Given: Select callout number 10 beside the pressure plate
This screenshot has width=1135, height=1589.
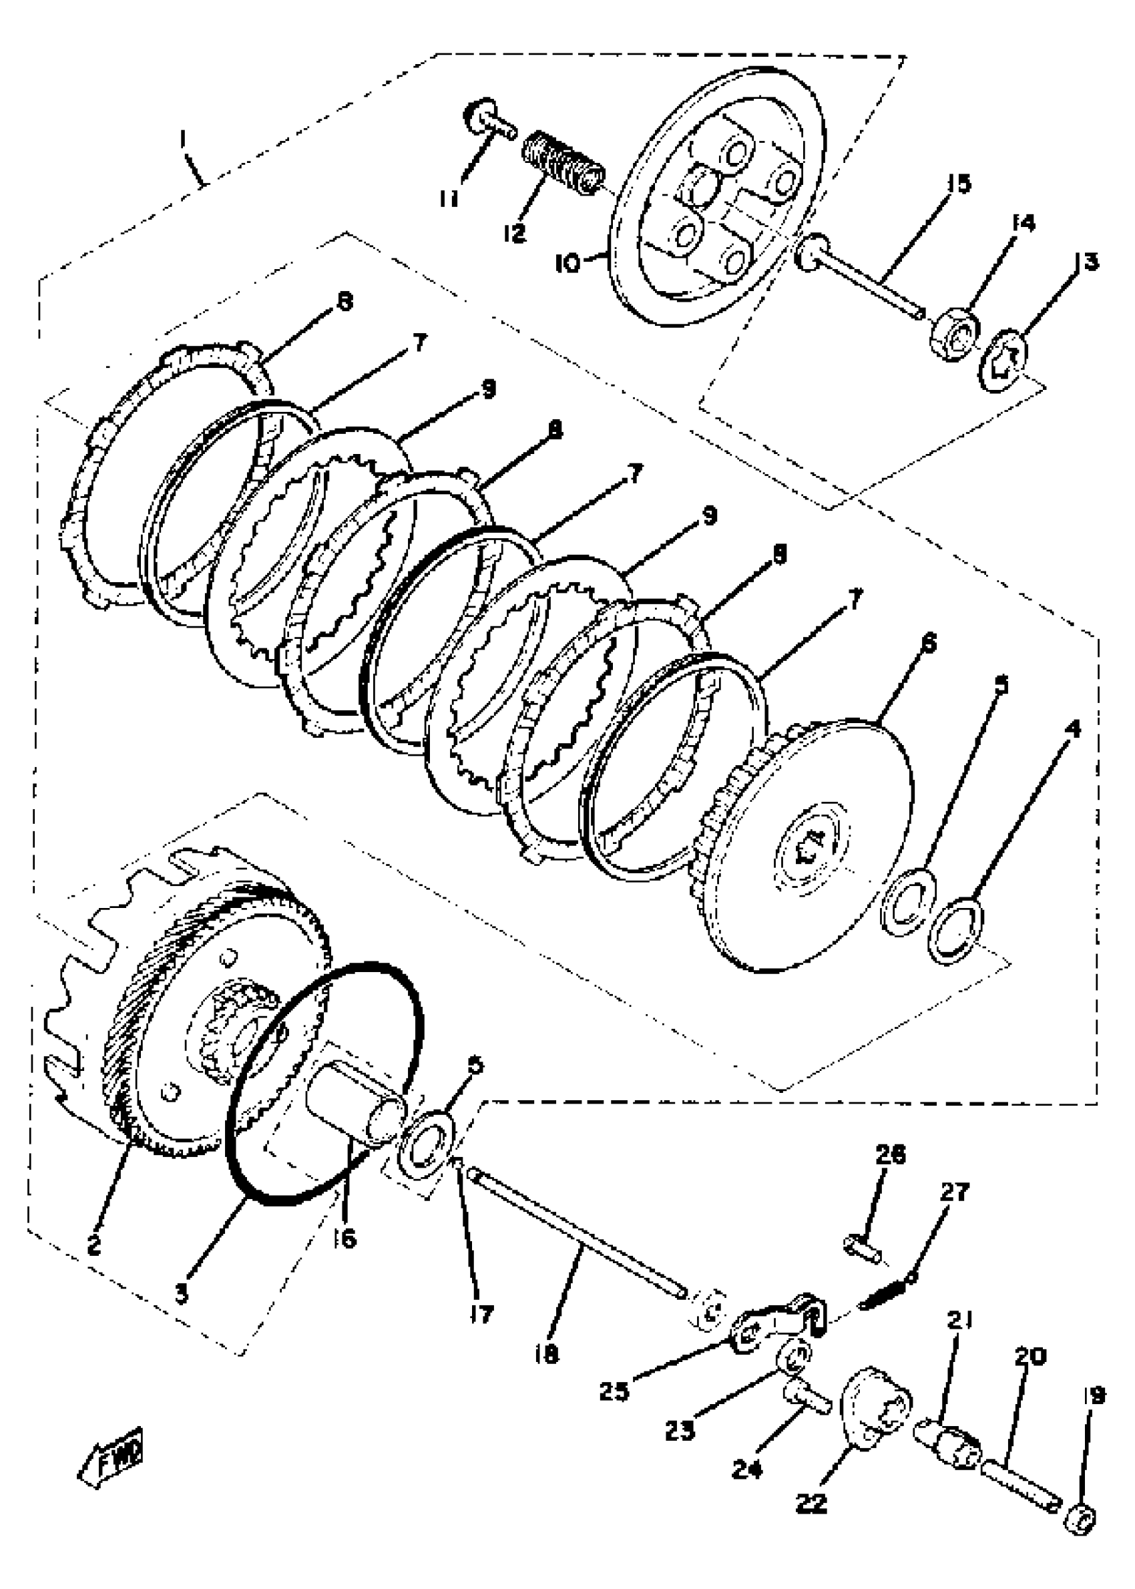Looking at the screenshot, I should [567, 264].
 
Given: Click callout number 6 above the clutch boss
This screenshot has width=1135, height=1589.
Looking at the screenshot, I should [929, 642].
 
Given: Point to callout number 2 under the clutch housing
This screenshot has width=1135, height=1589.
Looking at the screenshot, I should [93, 1244].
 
